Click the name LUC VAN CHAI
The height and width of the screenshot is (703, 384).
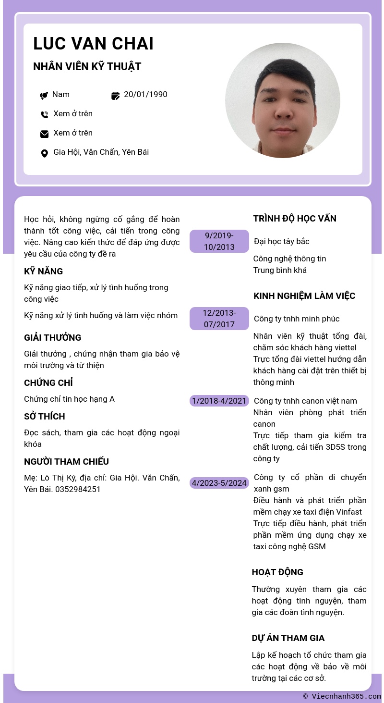point(93,44)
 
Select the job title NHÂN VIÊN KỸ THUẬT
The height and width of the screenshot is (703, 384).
point(87,67)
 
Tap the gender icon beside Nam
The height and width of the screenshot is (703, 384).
point(44,95)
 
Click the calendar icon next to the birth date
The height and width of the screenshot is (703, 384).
point(115,96)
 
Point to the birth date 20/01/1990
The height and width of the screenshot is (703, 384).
point(145,95)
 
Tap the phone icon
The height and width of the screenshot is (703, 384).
point(44,114)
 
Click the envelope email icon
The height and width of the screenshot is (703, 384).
point(44,134)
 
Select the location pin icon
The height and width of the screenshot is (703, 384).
point(44,153)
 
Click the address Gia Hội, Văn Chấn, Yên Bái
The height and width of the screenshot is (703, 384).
point(101,152)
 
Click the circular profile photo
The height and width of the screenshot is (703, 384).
point(282,100)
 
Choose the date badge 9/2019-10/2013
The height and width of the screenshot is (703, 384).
point(219,241)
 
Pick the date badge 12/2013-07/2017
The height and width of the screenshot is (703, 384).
point(219,319)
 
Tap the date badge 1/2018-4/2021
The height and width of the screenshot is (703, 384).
point(219,401)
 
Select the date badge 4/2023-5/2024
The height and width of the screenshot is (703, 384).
point(219,483)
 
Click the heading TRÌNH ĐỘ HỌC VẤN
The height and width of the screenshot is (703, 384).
point(295,219)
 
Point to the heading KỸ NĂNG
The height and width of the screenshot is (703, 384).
point(43,271)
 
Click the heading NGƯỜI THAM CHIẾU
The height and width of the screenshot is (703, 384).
point(66,462)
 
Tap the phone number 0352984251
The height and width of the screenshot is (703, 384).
point(78,490)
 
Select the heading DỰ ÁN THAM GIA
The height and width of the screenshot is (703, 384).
point(288,638)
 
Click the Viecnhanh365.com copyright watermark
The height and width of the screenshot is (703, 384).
point(342,696)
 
